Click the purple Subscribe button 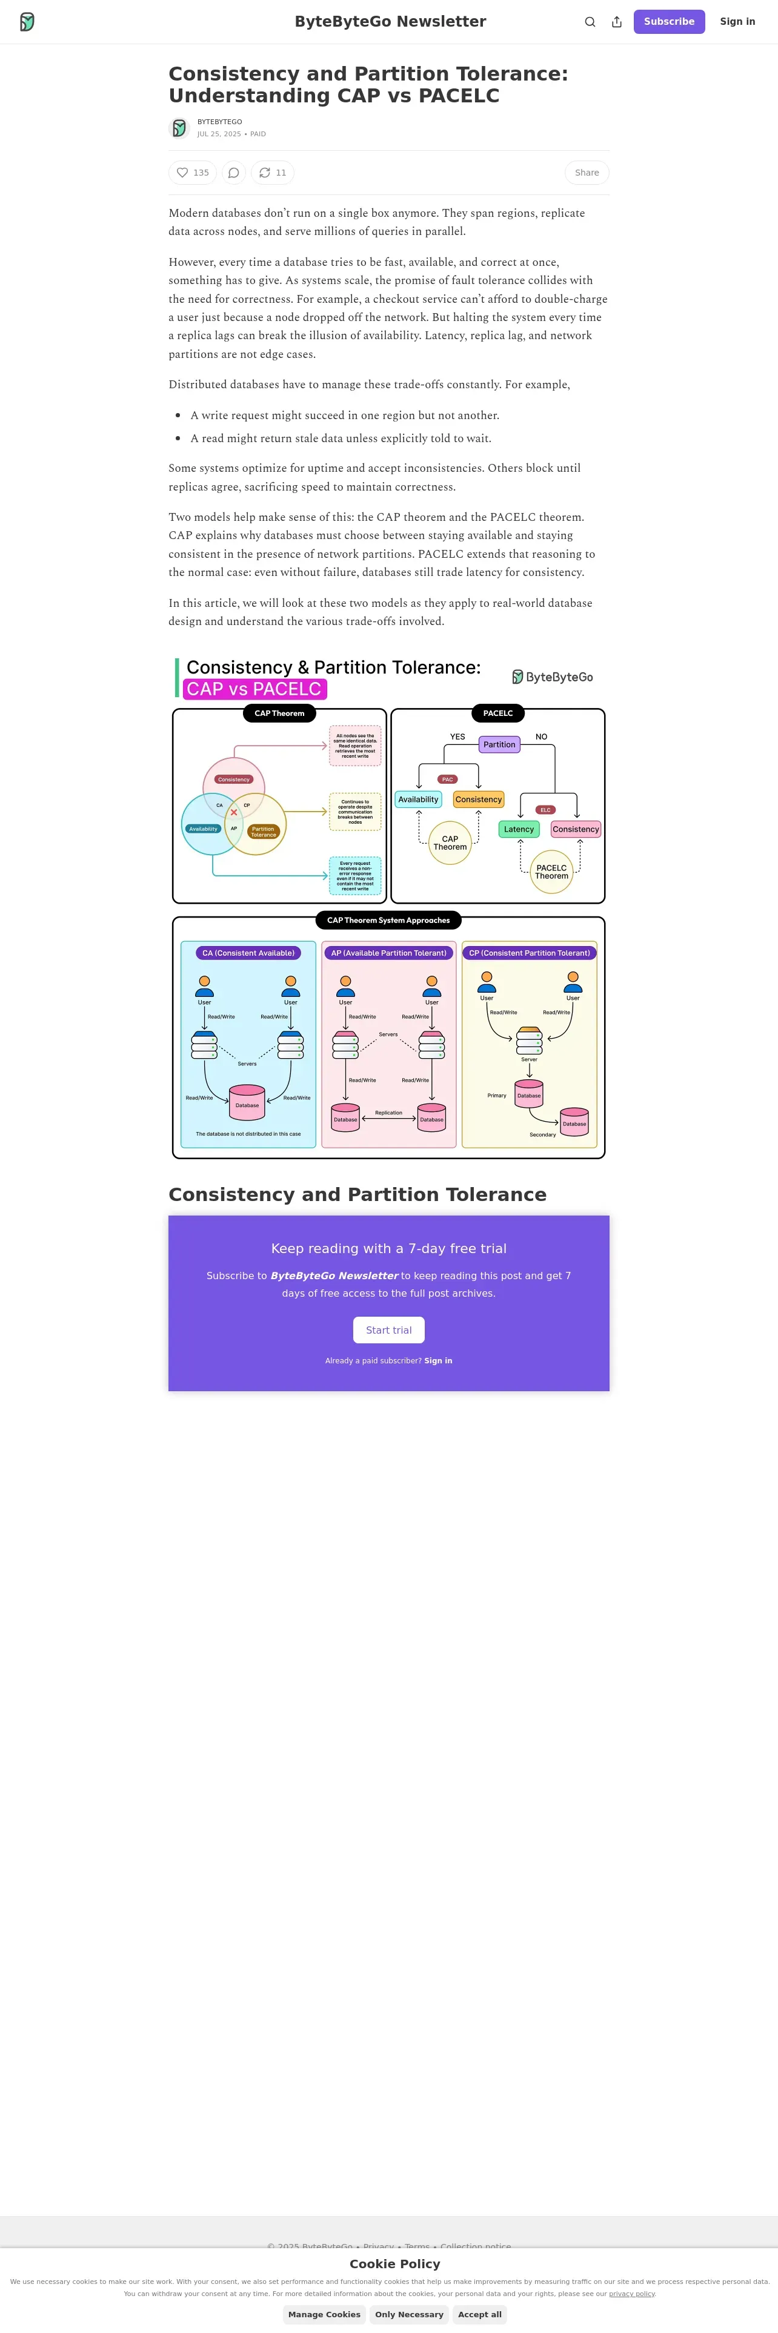(x=668, y=22)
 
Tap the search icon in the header (x=590, y=22)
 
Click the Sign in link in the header (x=737, y=22)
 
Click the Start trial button (x=388, y=1329)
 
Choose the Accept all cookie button (x=479, y=2314)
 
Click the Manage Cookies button (x=324, y=2314)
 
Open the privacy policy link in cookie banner (x=631, y=2293)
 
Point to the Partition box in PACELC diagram (x=499, y=744)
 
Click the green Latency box (x=519, y=829)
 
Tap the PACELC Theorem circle (x=551, y=872)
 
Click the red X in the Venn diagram (x=234, y=812)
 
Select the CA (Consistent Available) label (x=248, y=953)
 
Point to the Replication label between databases (x=388, y=1112)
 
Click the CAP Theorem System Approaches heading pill (x=388, y=920)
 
